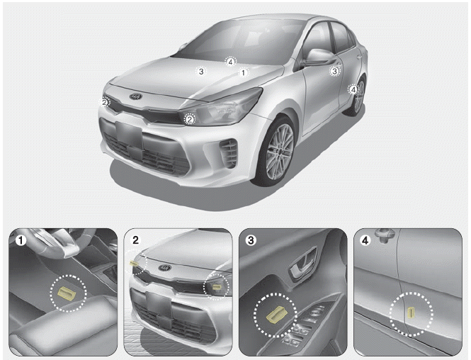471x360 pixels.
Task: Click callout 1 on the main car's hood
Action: point(244,72)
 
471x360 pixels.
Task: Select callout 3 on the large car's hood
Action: point(201,71)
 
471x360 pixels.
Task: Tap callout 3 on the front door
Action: point(334,71)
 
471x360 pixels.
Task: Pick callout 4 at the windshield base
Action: point(230,62)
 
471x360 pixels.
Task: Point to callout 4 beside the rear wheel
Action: point(353,89)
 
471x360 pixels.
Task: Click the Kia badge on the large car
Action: point(135,96)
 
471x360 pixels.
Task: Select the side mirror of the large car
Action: point(319,57)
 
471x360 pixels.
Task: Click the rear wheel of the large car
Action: point(356,96)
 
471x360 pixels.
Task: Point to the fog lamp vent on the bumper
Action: point(228,153)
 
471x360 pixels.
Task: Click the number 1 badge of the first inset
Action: point(21,240)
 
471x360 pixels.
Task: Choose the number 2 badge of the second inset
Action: point(136,240)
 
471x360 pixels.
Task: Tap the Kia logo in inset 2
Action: point(165,267)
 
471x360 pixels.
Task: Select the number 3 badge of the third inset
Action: point(251,240)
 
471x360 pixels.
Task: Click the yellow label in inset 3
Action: point(276,315)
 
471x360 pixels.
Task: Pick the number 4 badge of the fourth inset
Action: point(365,240)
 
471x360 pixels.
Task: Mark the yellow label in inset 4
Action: point(410,313)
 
